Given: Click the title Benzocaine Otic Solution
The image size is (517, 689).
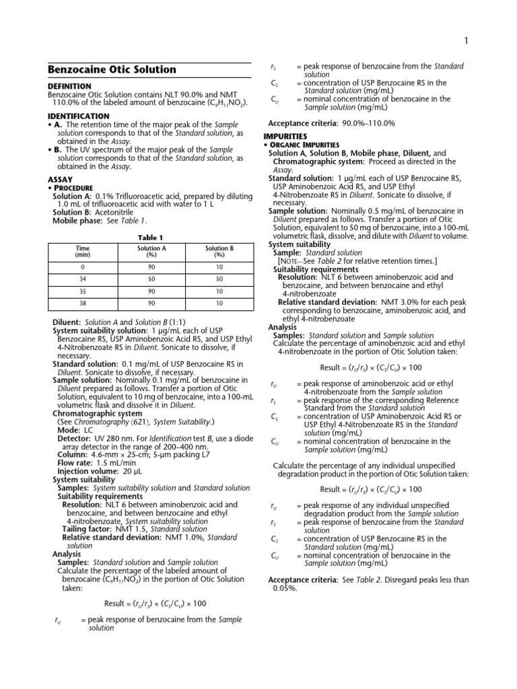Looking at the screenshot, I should pyautogui.click(x=112, y=70).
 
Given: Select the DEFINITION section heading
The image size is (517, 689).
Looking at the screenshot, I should pyautogui.click(x=69, y=86).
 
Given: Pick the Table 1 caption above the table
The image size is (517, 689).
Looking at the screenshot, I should pyautogui.click(x=151, y=238).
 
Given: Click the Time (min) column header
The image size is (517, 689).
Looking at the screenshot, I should pyautogui.click(x=83, y=252).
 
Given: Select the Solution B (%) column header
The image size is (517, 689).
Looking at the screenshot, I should pyautogui.click(x=219, y=252).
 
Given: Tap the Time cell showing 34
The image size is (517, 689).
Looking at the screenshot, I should pyautogui.click(x=83, y=278).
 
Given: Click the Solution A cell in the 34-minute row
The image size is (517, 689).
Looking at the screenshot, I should pyautogui.click(x=151, y=278).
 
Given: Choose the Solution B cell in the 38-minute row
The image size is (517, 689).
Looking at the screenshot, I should pyautogui.click(x=219, y=304).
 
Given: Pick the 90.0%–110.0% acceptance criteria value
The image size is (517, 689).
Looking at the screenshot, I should pyautogui.click(x=369, y=123).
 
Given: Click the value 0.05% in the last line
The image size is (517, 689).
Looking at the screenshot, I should pyautogui.click(x=284, y=587).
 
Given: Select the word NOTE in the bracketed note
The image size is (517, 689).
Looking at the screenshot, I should pyautogui.click(x=290, y=260).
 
